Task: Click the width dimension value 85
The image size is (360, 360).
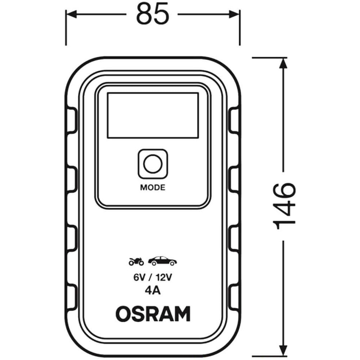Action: (153, 14)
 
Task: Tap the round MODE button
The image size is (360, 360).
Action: (153, 164)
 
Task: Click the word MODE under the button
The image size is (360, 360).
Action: (153, 188)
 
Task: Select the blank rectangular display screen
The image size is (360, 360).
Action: (153, 115)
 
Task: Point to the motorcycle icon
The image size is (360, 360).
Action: (136, 261)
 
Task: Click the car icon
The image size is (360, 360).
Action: (162, 261)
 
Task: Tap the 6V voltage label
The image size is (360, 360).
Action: (139, 278)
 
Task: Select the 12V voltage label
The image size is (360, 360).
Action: (164, 278)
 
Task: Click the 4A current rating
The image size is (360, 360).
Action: (153, 291)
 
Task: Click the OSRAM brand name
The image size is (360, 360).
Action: (153, 314)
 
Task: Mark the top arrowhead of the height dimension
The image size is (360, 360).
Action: (283, 63)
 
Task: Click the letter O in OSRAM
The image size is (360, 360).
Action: (123, 314)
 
